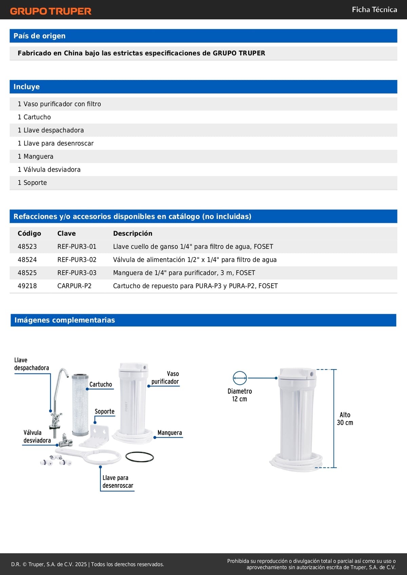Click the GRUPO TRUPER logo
pos(51,11)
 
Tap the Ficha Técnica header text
pos(374,9)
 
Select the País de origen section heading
pos(39,36)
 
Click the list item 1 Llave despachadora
pos(51,130)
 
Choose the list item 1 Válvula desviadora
pos(49,170)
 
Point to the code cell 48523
pos(27,246)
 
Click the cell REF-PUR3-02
pos(77,260)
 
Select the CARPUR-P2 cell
pos(74,286)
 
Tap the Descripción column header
pos(133,233)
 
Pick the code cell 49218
pos(27,286)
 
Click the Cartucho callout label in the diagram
pos(100,384)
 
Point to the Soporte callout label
pos(104,412)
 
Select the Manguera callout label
pos(170,433)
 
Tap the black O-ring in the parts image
pos(139,457)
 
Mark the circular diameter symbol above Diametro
pos(240,378)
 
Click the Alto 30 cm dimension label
pos(345,419)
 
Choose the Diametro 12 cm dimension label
pos(239,395)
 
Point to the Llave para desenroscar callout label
pos(118,481)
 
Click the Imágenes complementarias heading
pos(64,320)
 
